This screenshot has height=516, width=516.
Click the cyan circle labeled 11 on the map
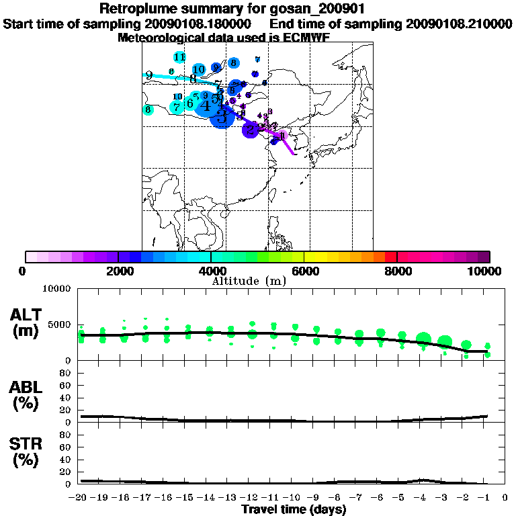(179, 57)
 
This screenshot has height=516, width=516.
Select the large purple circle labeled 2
(250, 130)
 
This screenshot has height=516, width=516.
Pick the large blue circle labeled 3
(222, 116)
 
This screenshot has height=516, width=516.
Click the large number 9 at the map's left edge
(148, 76)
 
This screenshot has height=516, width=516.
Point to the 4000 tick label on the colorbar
(211, 271)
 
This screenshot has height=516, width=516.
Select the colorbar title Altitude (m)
(249, 280)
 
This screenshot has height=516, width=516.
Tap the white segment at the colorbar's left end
(31, 257)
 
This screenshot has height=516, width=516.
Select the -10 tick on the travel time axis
(294, 499)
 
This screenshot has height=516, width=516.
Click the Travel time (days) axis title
(294, 510)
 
